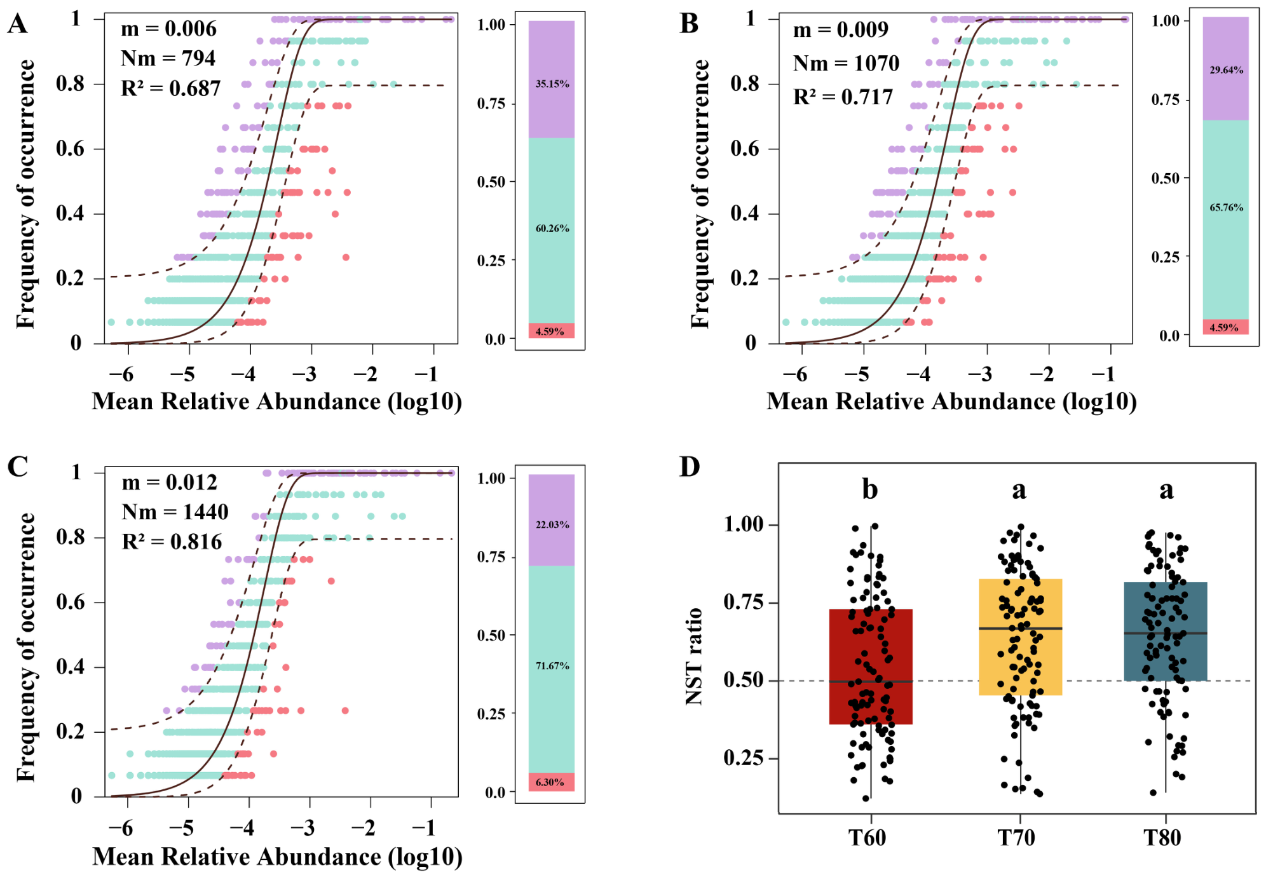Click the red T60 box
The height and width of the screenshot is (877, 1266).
[871, 667]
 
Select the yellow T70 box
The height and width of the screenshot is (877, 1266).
[1021, 637]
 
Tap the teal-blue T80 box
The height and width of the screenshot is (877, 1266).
[1166, 632]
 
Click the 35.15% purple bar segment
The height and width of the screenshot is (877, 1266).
[552, 79]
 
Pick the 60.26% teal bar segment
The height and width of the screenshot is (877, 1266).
[552, 231]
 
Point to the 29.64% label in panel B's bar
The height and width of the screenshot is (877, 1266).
[1227, 70]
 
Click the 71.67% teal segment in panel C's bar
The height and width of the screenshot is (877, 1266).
[552, 669]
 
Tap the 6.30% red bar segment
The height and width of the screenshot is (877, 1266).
[552, 782]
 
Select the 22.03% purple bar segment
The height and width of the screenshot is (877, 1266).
[552, 520]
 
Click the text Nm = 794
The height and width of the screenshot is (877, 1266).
[168, 58]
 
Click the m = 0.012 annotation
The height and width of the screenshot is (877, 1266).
[170, 482]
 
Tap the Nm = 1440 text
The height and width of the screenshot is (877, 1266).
[175, 512]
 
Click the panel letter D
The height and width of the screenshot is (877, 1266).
[690, 466]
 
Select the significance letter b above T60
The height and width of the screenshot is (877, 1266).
[870, 489]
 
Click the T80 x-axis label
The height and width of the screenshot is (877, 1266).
[1162, 838]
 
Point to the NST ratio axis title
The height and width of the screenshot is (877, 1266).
[695, 656]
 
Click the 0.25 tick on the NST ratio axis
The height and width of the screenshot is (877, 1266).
[743, 758]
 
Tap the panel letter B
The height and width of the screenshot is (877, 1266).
[689, 24]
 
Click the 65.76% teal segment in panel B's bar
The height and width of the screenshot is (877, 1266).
[1226, 220]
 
